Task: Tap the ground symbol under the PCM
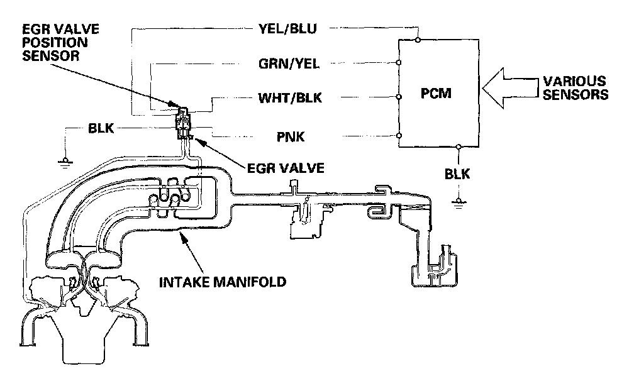click(459, 202)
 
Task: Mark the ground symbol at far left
click(64, 162)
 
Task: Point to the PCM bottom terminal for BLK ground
click(459, 147)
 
